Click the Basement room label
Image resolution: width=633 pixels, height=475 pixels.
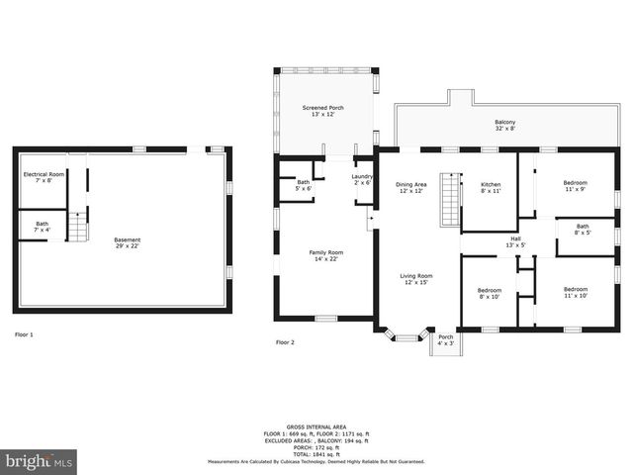pos(127,242)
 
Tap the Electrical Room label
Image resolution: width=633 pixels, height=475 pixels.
pos(44,177)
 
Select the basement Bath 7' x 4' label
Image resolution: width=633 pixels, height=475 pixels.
pos(42,227)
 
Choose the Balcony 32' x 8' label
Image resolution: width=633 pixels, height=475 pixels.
pos(504,126)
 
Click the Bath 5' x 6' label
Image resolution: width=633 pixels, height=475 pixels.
pos(303,185)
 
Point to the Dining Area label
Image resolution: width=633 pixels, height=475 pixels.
pos(411,187)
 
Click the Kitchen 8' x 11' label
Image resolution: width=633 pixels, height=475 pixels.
pos(491,187)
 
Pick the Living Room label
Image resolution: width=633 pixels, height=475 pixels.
pos(416,279)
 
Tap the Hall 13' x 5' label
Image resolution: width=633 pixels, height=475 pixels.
pos(515,241)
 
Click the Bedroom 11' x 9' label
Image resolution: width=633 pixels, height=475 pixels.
pos(575,185)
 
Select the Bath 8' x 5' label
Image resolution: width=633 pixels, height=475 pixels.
pos(583,229)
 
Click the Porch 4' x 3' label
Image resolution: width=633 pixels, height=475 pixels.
pos(446,339)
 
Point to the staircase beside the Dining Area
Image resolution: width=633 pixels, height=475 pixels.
pos(450,200)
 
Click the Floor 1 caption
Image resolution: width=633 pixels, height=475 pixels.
pos(24,335)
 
